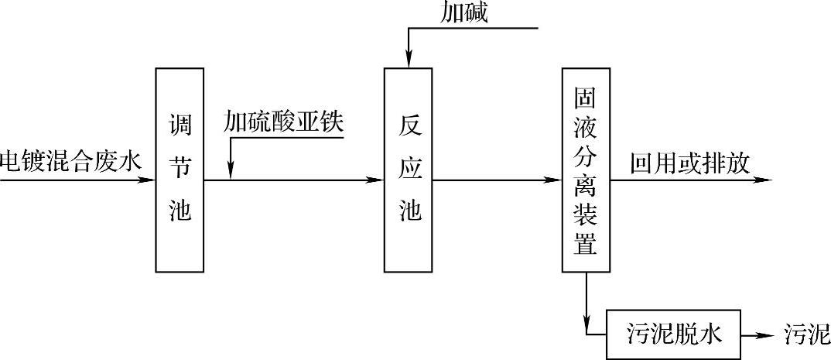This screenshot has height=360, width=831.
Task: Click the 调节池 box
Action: coord(180,170)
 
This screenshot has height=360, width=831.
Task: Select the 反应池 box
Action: coord(408,170)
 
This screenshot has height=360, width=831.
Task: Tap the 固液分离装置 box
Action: coord(586,170)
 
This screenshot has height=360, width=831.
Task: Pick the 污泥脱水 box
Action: coord(672,334)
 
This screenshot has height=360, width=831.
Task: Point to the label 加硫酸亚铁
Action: coord(282,122)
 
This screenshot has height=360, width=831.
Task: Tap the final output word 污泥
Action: coord(807,334)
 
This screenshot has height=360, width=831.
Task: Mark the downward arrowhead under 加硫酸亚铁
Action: coord(231,171)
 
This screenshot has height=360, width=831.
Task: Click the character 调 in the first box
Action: coord(180,124)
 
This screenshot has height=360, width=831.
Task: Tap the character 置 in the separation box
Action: coord(586,245)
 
